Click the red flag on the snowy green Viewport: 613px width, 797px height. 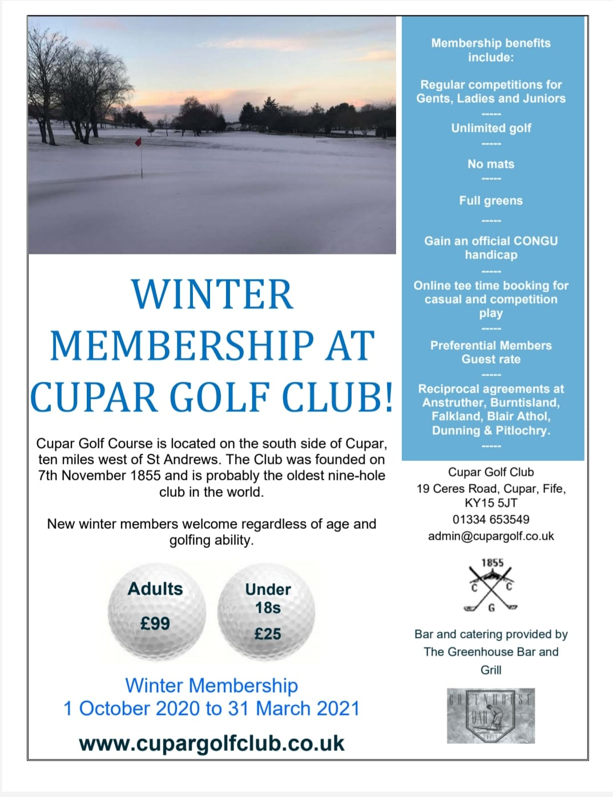pos(138,141)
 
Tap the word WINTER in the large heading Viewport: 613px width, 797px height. pos(212,294)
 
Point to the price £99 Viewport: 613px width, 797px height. pos(155,624)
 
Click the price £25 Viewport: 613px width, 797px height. pos(268,634)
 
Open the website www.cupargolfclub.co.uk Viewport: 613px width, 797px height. pos(212,743)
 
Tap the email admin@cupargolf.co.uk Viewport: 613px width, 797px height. pos(491,536)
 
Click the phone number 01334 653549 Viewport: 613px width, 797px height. pos(491,520)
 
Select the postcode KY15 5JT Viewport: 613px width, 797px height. pos(491,503)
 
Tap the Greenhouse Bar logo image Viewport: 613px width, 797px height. pos(491,715)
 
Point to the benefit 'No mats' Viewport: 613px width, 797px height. pos(491,164)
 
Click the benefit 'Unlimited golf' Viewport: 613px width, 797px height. pos(491,128)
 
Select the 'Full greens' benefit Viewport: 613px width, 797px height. pos(491,201)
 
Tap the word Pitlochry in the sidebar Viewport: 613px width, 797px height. pos(522,431)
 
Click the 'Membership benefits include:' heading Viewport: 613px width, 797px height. pos(491,50)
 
